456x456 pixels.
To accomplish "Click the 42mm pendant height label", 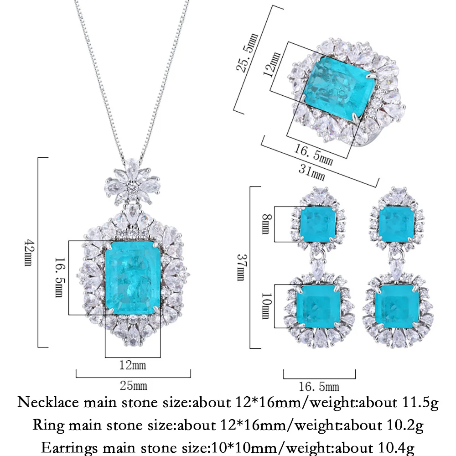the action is click(28, 253).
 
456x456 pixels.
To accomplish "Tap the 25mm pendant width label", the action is click(134, 386).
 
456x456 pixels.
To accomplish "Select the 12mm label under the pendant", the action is click(133, 365).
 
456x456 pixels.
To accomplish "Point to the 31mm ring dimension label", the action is click(311, 172).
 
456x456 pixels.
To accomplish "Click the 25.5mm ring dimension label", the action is click(247, 52).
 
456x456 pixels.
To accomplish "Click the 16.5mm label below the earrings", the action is click(319, 387).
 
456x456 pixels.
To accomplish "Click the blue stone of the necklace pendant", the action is click(133, 278).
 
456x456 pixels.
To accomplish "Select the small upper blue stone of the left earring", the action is click(317, 224).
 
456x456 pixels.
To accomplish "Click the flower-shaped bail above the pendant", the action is click(133, 183).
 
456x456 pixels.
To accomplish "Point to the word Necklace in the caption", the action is click(48, 403).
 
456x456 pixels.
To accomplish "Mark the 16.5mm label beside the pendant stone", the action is click(60, 277).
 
